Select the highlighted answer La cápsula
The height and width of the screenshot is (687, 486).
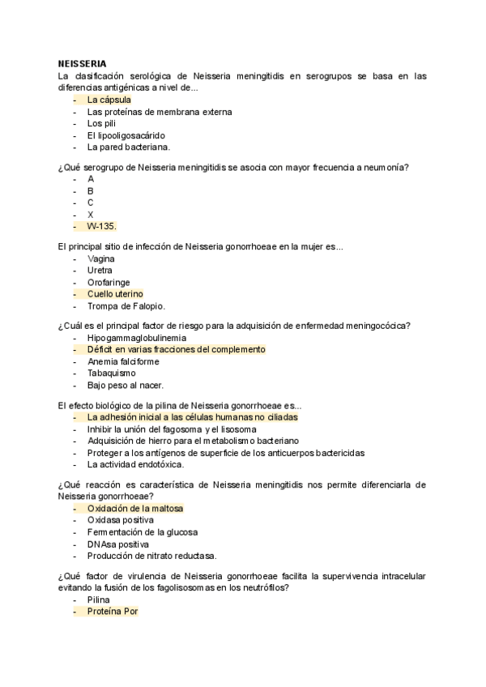(109, 100)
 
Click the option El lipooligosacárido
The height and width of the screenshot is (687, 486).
(126, 135)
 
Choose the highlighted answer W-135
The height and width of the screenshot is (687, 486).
(101, 226)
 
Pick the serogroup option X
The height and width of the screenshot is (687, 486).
(91, 214)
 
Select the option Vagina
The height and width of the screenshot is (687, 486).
(101, 258)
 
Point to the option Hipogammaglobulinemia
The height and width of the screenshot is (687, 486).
(136, 337)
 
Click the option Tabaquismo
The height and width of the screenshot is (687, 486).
(111, 373)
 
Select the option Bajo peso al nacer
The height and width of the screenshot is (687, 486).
(125, 385)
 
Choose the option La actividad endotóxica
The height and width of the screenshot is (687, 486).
(135, 464)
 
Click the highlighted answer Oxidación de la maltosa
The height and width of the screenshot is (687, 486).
(134, 508)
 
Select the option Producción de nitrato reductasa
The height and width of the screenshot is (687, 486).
(151, 556)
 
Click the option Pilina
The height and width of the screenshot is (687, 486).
(99, 600)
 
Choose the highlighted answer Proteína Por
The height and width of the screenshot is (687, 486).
(113, 612)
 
